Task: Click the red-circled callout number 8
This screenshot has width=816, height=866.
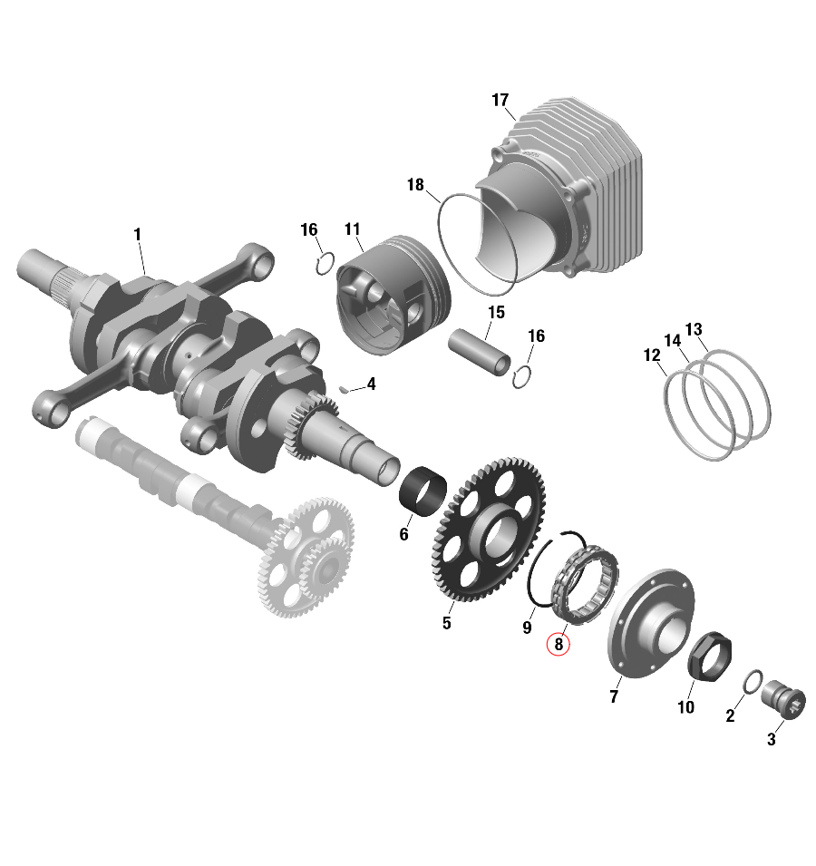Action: pyautogui.click(x=559, y=645)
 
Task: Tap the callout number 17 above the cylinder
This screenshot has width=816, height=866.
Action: pyautogui.click(x=500, y=101)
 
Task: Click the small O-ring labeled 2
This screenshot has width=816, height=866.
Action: pyautogui.click(x=752, y=682)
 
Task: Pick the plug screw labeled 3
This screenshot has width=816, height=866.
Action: pyautogui.click(x=784, y=702)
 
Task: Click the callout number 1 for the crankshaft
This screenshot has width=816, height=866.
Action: pyautogui.click(x=138, y=235)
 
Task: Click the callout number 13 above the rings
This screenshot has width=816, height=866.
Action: pyautogui.click(x=694, y=328)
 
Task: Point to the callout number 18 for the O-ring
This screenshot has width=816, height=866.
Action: pyautogui.click(x=415, y=185)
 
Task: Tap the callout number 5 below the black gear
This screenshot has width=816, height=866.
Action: pyautogui.click(x=446, y=623)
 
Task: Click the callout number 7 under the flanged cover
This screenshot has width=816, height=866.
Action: pyautogui.click(x=614, y=696)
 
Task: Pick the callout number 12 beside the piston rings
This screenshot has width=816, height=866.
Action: pyautogui.click(x=652, y=355)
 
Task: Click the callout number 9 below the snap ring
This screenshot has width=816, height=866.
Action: pyautogui.click(x=526, y=627)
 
